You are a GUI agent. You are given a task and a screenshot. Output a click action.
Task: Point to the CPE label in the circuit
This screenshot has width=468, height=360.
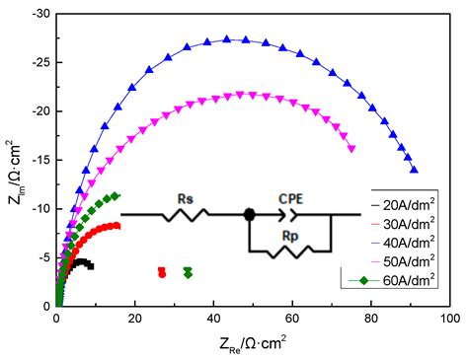tap(290, 198)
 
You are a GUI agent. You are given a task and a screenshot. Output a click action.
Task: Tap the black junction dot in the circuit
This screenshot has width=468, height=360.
tap(250, 214)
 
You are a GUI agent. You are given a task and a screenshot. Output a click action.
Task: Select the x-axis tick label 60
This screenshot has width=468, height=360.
tap(292, 321)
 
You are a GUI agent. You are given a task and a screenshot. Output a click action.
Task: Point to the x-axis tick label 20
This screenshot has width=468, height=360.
tap(135, 321)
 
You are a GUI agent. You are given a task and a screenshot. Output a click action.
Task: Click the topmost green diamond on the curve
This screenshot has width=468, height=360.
tap(116, 195)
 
